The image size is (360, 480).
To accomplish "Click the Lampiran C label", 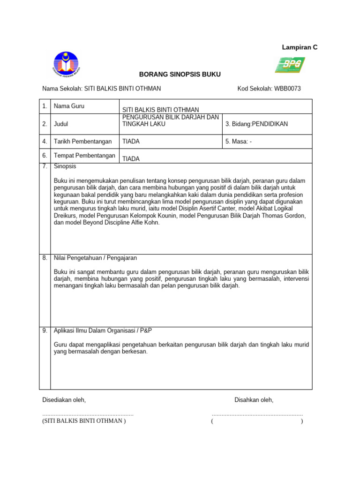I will (x=299, y=47).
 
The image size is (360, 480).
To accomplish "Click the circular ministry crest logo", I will (x=66, y=64).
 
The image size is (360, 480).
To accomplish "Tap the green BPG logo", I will (x=290, y=65).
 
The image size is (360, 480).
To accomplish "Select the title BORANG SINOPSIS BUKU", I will (x=180, y=75).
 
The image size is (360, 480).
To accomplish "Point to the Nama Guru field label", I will (x=69, y=106).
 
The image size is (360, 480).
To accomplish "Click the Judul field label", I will (x=61, y=124).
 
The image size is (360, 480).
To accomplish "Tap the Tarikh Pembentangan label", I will (x=83, y=141).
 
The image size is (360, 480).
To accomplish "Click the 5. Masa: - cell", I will (x=239, y=141).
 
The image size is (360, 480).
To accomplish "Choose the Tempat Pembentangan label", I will (x=85, y=156).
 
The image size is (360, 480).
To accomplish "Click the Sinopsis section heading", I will (x=65, y=166).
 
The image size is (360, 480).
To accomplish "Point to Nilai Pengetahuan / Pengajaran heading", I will (x=96, y=258).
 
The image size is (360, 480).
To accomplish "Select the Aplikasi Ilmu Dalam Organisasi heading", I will (x=103, y=330).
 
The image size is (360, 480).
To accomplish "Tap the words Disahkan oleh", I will (x=254, y=400).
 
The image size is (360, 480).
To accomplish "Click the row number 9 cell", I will (x=45, y=330).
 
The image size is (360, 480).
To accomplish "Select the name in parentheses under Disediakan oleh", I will (x=84, y=420).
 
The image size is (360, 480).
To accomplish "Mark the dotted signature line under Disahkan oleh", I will (x=257, y=414).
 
